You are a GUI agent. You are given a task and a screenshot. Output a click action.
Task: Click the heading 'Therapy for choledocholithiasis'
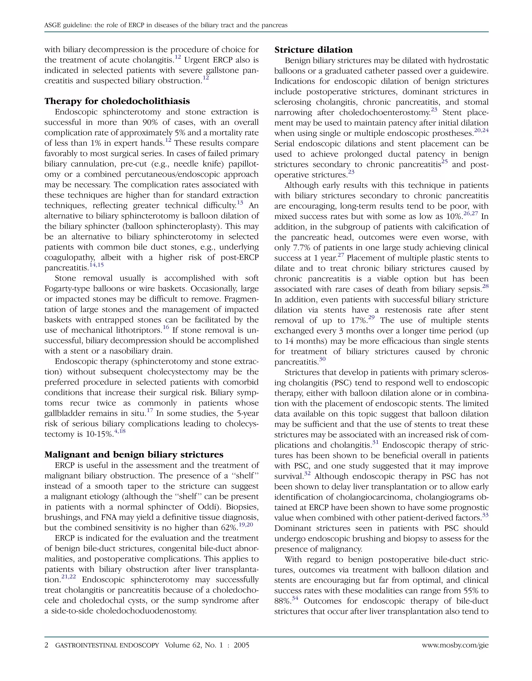[x=117, y=101]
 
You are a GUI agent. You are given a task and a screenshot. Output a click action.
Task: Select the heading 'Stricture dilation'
[x=313, y=50]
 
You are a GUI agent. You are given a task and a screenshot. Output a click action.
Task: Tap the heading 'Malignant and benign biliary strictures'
[x=134, y=454]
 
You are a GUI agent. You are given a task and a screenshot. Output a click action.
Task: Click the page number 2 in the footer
[x=46, y=645]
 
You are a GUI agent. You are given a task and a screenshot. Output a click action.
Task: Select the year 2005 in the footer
[x=241, y=645]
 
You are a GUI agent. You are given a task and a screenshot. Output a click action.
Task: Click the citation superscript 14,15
[x=96, y=265]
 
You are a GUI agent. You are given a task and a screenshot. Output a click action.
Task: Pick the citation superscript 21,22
[x=69, y=577]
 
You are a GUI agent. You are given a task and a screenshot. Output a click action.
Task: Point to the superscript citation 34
[x=295, y=598]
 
